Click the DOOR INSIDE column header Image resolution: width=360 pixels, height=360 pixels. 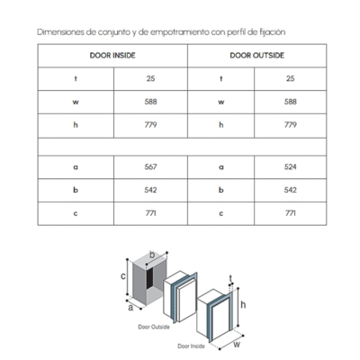112,56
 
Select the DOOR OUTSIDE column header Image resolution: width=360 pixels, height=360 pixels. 256,56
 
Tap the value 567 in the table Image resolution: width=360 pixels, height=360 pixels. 150,166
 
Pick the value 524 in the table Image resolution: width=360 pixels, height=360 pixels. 291,166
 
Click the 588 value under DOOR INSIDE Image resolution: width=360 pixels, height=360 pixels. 150,102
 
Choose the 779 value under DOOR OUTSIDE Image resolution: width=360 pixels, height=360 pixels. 291,125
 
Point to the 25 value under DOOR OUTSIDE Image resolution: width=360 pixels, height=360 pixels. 290,78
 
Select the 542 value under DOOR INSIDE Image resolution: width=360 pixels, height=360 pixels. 150,190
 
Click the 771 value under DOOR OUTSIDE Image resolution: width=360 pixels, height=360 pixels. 291,213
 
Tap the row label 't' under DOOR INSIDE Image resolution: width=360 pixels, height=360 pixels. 76,78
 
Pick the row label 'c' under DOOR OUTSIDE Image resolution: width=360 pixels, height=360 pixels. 221,213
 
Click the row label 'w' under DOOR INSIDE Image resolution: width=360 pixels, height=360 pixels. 76,103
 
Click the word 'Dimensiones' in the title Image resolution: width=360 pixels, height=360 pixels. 60,32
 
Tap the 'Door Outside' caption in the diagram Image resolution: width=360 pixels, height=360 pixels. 154,327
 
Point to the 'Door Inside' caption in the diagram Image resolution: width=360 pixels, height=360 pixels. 191,346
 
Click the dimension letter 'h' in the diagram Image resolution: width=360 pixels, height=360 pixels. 243,304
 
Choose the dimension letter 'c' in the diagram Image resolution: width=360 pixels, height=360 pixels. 123,275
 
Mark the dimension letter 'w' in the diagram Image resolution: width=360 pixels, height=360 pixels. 237,344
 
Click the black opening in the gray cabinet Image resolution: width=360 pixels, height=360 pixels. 149,278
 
